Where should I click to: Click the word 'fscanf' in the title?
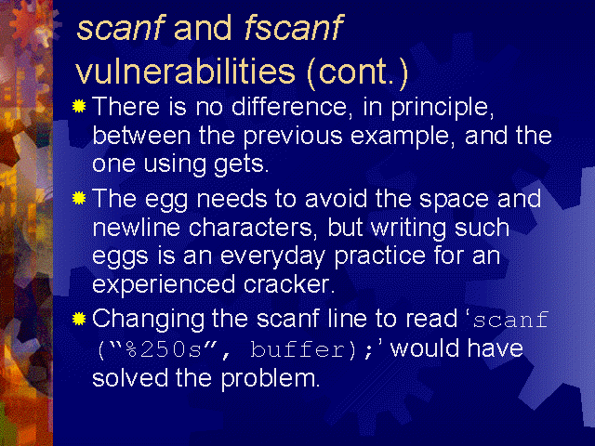294,27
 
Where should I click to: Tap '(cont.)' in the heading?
357,72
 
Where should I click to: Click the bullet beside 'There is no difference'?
79,106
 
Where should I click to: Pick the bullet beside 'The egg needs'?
79,198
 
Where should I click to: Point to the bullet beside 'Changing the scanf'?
79,319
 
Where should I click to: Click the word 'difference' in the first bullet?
289,106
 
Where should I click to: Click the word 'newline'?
137,227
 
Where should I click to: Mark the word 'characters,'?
253,229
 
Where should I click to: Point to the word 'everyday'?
272,257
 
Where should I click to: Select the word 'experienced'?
164,286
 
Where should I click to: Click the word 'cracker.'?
289,284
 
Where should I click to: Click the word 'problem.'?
271,379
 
